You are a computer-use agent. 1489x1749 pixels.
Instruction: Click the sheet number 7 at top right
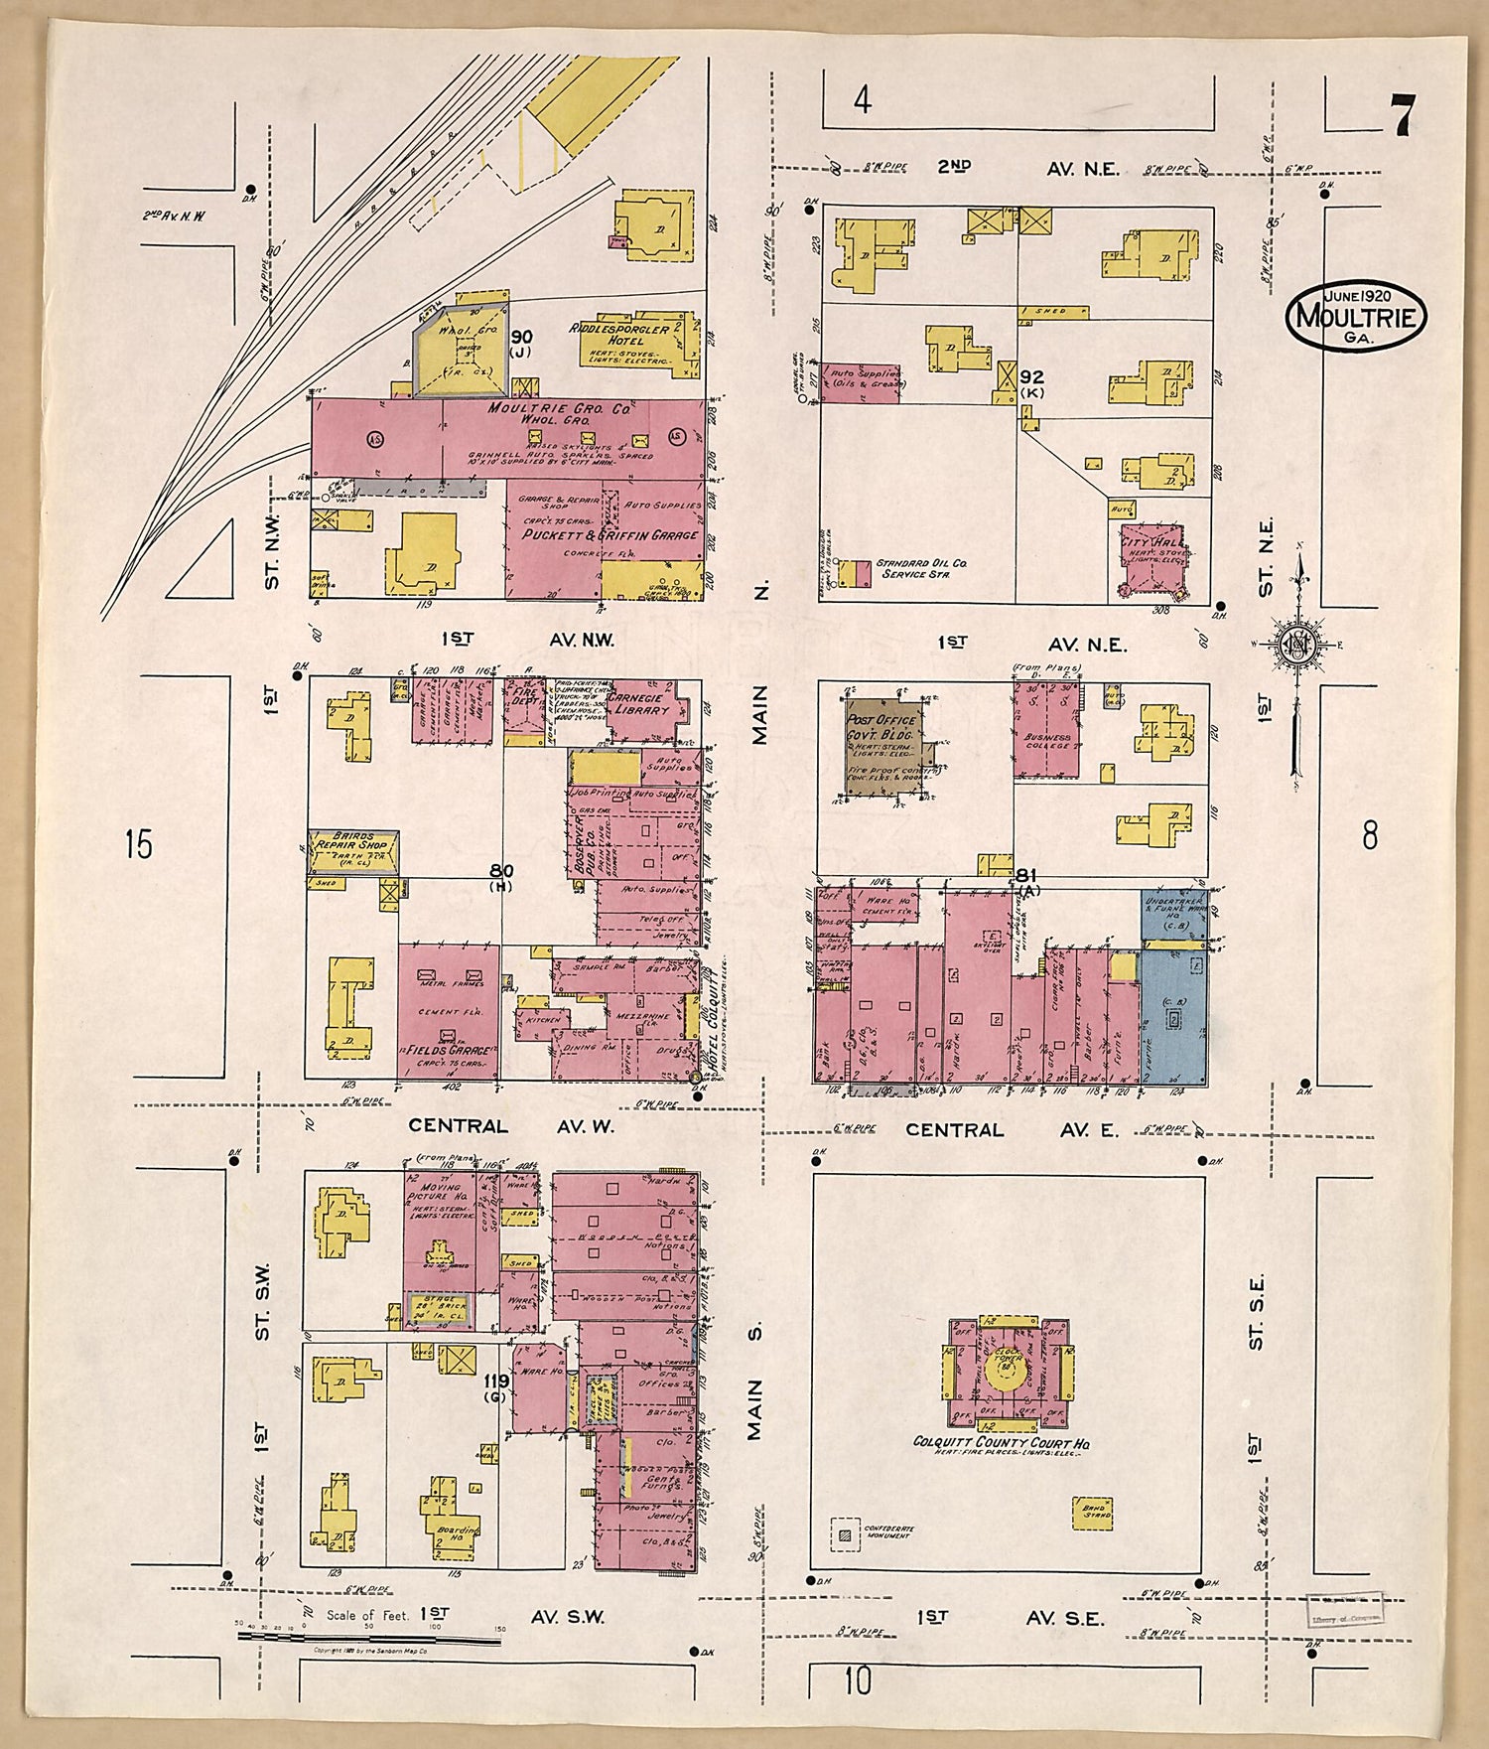click(1402, 116)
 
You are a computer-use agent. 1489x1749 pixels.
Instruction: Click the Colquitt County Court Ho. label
click(1000, 1443)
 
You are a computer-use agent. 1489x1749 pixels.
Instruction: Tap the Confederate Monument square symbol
click(845, 1533)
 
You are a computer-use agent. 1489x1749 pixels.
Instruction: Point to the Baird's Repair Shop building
click(353, 850)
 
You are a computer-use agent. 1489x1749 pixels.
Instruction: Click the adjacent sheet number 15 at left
click(140, 844)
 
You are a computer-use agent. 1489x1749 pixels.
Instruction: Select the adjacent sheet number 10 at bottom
click(858, 1681)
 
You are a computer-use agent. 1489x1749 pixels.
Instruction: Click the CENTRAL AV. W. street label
click(511, 1126)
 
